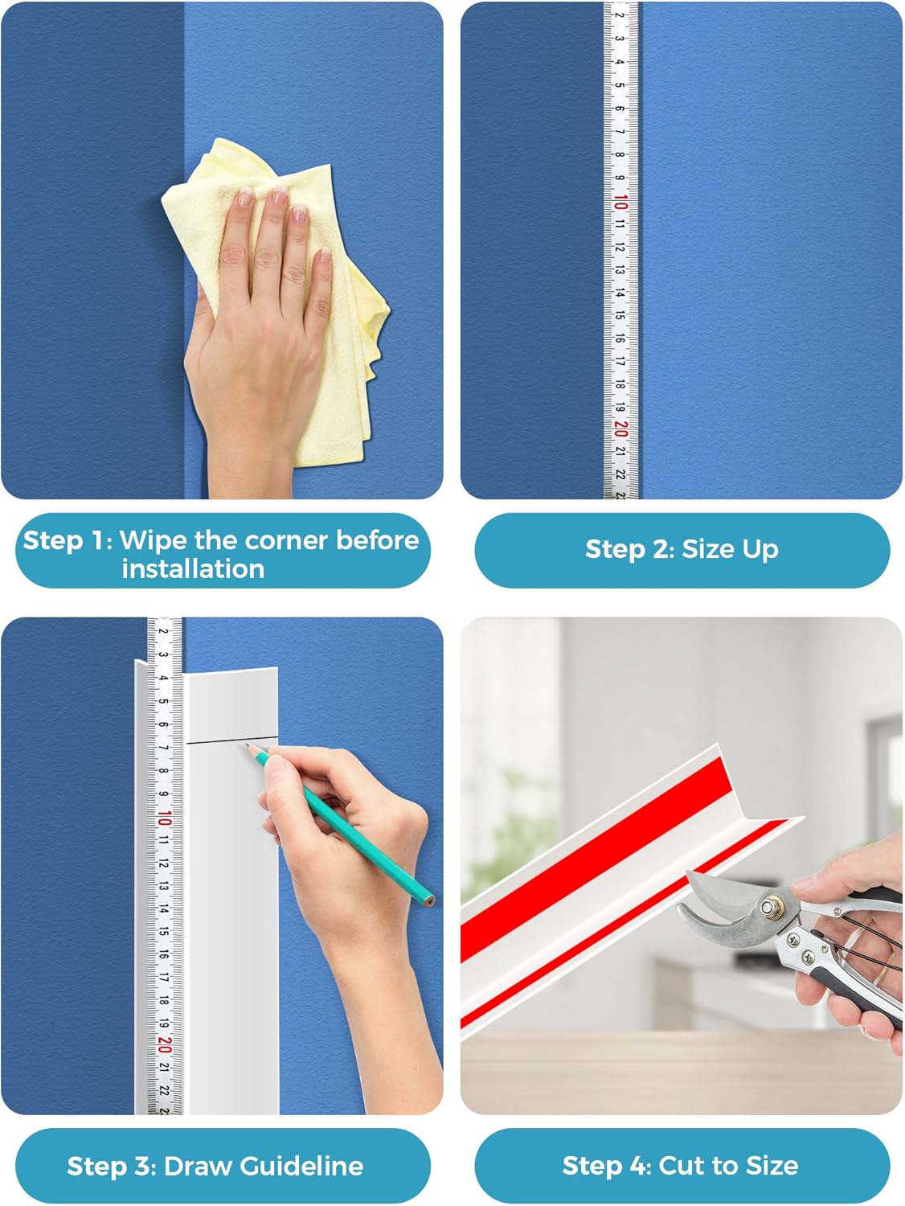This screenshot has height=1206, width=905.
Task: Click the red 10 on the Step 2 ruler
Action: (620, 202)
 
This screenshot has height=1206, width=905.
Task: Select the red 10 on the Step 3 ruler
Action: (164, 818)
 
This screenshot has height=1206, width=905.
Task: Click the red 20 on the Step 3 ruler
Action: (164, 1044)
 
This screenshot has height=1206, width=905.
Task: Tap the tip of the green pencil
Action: (248, 747)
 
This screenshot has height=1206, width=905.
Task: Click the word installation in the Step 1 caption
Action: (193, 569)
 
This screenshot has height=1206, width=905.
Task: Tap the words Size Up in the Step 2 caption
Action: (730, 550)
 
